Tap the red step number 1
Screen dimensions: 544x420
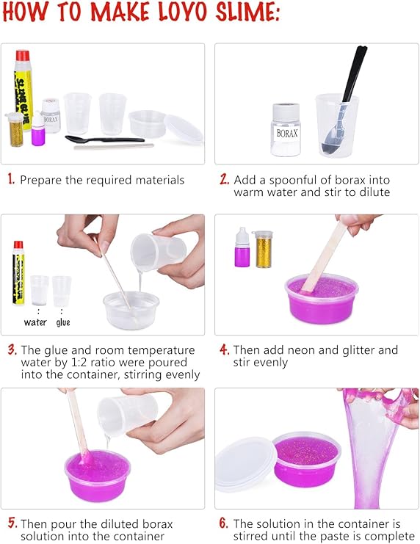[11, 179]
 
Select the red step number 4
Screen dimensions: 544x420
[224, 349]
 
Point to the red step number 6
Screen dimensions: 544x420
[224, 523]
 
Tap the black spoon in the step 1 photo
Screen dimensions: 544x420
[103, 139]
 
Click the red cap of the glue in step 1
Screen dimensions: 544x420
[23, 56]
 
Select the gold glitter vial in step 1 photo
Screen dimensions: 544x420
[15, 130]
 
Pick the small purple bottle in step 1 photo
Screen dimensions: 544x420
[37, 133]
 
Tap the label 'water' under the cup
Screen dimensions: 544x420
[35, 322]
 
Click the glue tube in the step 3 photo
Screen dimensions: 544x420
[18, 272]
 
